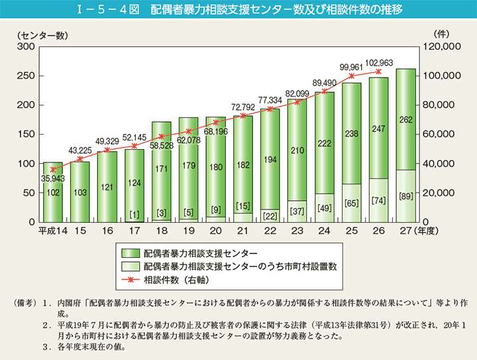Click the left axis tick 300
tap(26, 46)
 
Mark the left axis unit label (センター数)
tap(38, 33)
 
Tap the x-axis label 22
tap(270, 230)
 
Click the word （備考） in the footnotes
tap(26, 304)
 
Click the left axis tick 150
tap(26, 134)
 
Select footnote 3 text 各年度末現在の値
tap(93, 347)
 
